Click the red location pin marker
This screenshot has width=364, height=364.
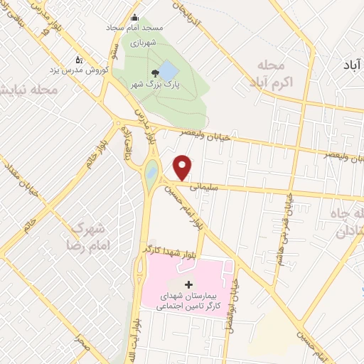(183, 167)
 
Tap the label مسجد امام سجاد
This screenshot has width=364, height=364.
(139, 27)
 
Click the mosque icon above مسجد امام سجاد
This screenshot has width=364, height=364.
(135, 18)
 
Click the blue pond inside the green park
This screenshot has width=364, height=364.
(168, 70)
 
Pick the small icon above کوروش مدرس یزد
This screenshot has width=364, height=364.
(78, 59)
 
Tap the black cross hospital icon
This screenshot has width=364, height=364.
(188, 284)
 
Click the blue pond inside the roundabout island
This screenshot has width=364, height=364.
(151, 171)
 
